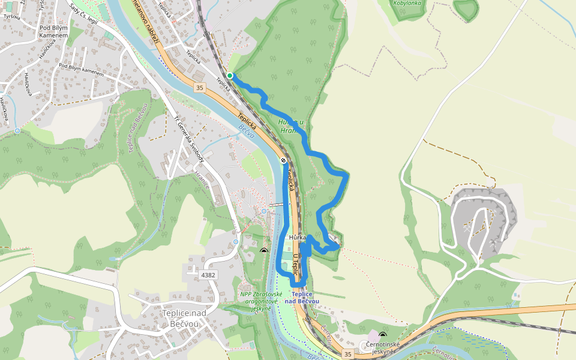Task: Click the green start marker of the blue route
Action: pyautogui.click(x=230, y=76)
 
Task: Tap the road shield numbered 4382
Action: pyautogui.click(x=208, y=275)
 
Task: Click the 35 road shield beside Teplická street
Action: pyautogui.click(x=200, y=88)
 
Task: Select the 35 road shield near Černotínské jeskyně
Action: pyautogui.click(x=348, y=355)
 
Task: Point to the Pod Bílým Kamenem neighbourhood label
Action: pyautogui.click(x=53, y=32)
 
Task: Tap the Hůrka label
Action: pyautogui.click(x=298, y=238)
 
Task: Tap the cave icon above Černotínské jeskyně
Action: pyautogui.click(x=383, y=336)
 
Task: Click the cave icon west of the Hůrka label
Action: pyautogui.click(x=263, y=250)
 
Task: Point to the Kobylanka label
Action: pyautogui.click(x=407, y=3)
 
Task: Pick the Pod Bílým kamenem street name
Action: pyautogui.click(x=81, y=70)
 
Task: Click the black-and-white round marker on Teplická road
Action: pyautogui.click(x=283, y=160)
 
